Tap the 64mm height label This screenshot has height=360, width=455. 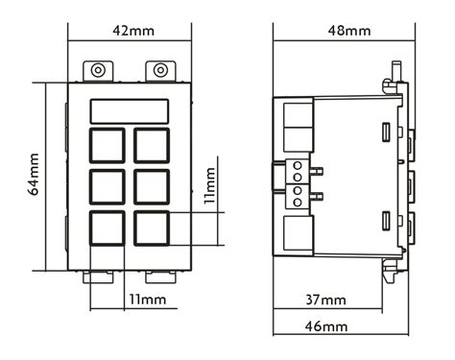34,175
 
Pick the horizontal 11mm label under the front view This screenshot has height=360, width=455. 147,300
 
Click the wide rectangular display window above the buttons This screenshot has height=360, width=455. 130,110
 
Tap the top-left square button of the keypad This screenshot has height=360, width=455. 108,145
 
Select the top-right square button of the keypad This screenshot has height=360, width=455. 152,145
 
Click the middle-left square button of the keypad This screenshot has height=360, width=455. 108,185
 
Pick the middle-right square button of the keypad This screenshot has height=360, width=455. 152,185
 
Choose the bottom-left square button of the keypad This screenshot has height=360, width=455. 108,228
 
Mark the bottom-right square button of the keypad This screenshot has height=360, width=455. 152,228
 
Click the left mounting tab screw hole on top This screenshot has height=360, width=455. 98,70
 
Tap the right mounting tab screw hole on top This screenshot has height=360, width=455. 160,70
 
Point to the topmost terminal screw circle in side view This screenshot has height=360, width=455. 298,165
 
